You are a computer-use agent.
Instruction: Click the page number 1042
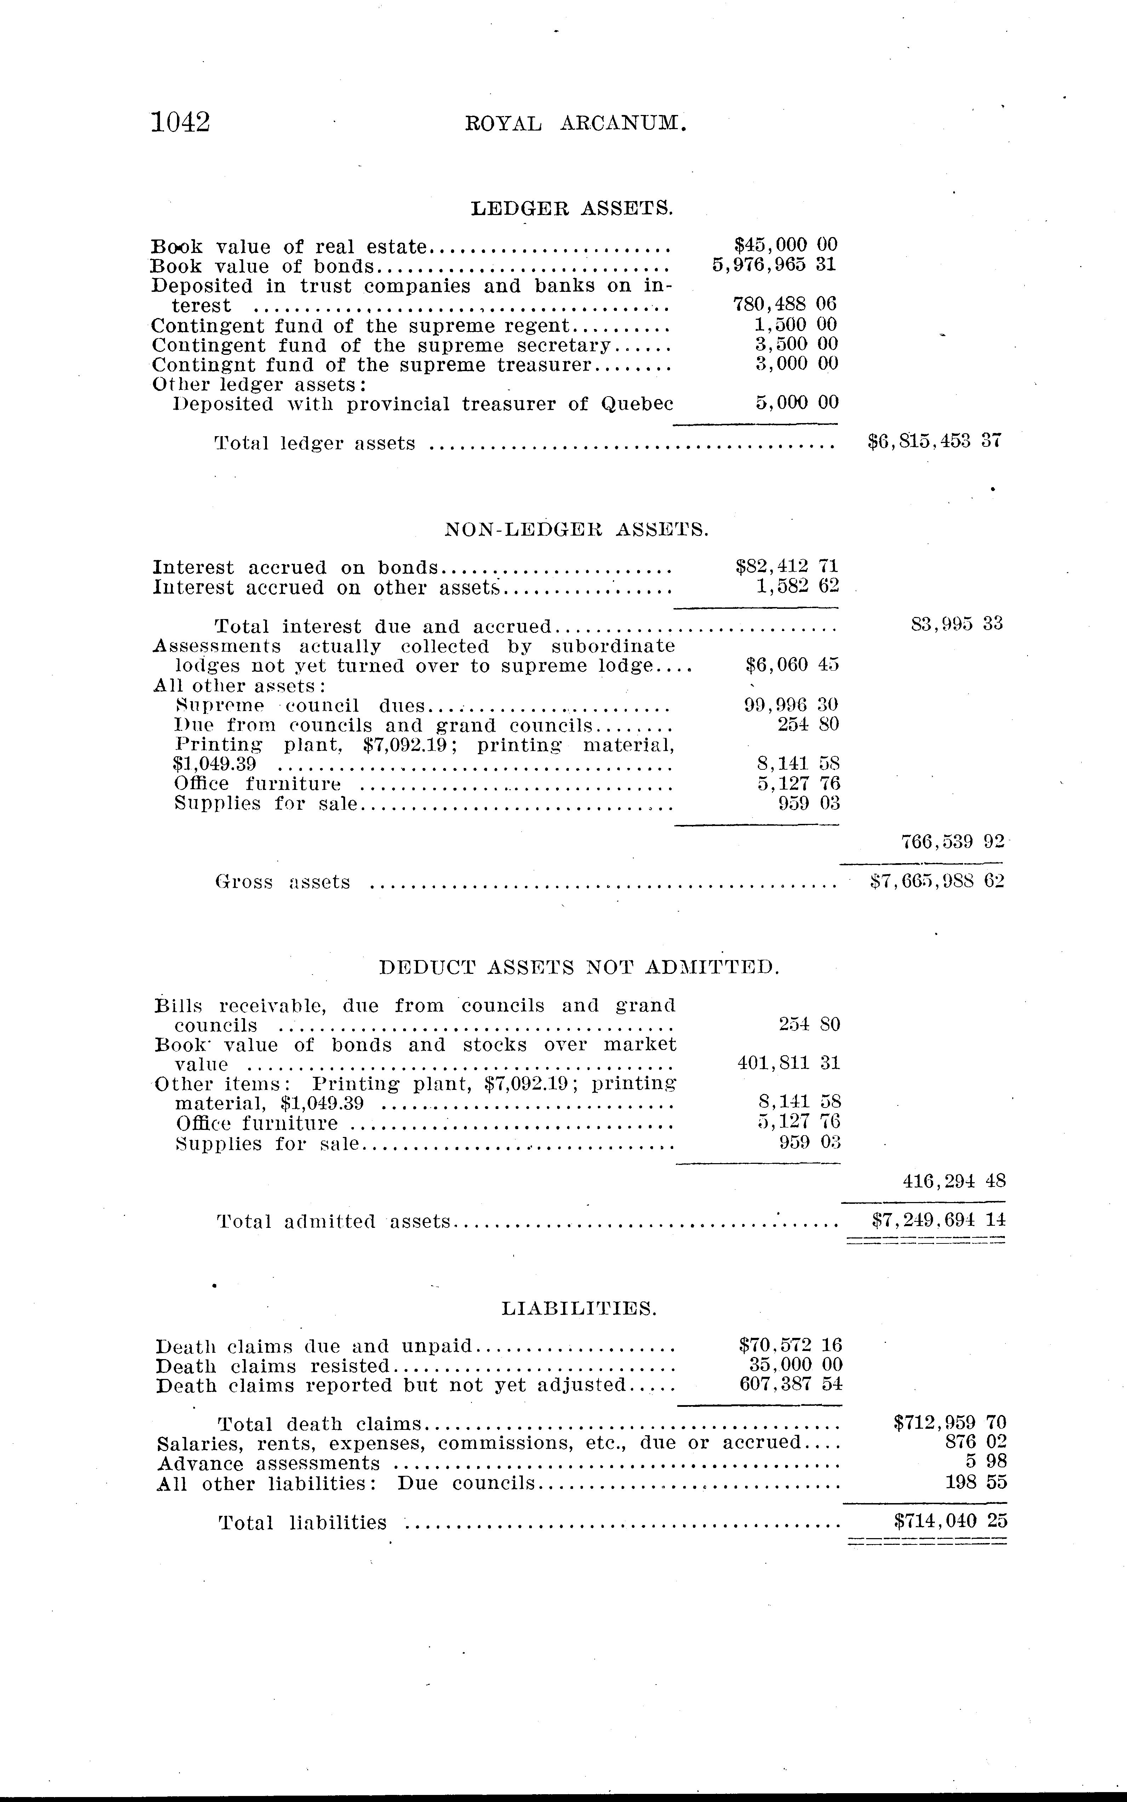point(181,121)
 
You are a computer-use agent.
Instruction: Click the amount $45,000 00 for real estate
point(786,245)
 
